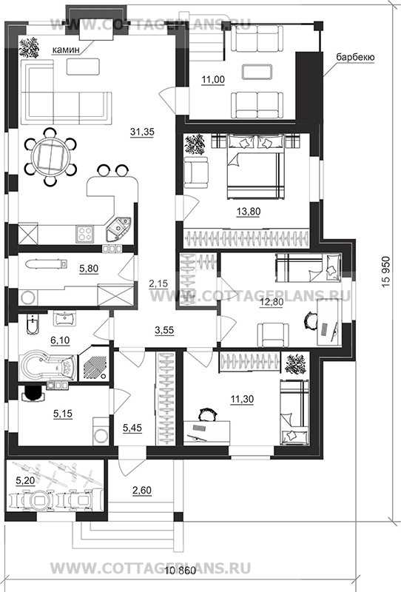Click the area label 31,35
pyautogui.click(x=142, y=132)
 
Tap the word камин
pyautogui.click(x=66, y=50)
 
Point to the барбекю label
pyautogui.click(x=355, y=58)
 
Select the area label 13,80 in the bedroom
pyautogui.click(x=249, y=212)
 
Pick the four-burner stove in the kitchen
pyautogui.click(x=84, y=233)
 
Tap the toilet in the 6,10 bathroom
pyautogui.click(x=32, y=325)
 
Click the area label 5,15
pyautogui.click(x=63, y=414)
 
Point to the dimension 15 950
pyautogui.click(x=385, y=272)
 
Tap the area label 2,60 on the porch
pyautogui.click(x=141, y=491)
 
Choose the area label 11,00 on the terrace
pyautogui.click(x=213, y=80)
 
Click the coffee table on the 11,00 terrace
pyautogui.click(x=257, y=71)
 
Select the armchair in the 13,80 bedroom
pyautogui.click(x=195, y=172)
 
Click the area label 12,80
pyautogui.click(x=272, y=303)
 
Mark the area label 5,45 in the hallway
pyautogui.click(x=132, y=428)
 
